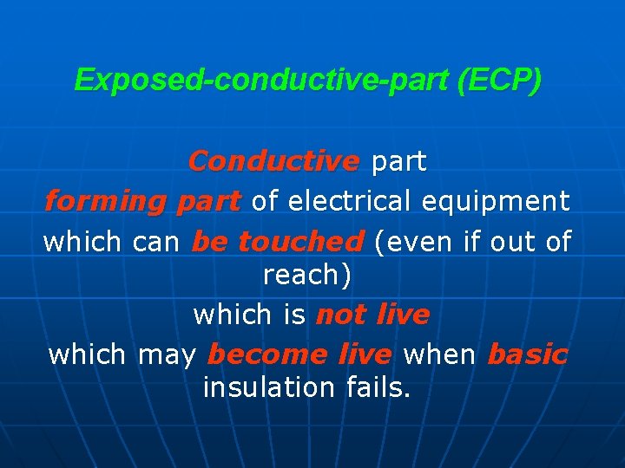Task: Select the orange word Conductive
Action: (273, 161)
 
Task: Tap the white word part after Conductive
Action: (398, 161)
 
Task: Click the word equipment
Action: (496, 201)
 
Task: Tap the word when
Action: (440, 354)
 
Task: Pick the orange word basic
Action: (528, 354)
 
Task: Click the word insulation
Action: (267, 388)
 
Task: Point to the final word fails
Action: (376, 388)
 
